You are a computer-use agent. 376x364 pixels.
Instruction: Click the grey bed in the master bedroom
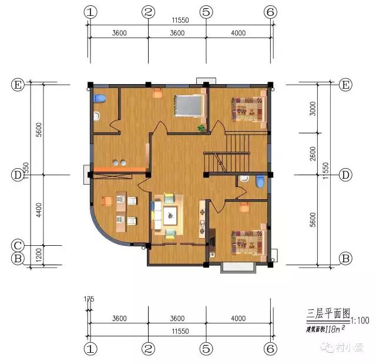[189, 106]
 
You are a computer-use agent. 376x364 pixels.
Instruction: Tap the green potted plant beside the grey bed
[201, 127]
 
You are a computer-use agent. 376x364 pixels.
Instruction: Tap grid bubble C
[18, 245]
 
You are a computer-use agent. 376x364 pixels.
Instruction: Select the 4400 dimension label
[39, 210]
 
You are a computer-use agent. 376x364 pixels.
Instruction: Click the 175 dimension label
[89, 300]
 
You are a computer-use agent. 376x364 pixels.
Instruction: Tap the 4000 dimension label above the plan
[238, 33]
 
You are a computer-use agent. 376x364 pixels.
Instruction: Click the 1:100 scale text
[361, 320]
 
